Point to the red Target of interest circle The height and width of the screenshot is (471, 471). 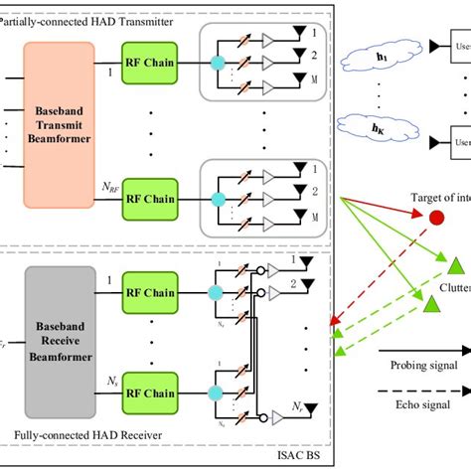tap(436, 217)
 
